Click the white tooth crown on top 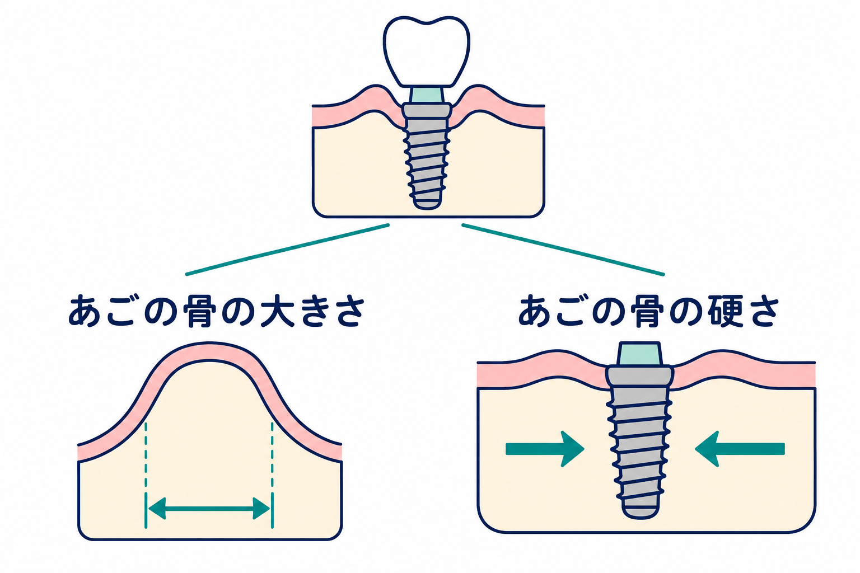click(426, 52)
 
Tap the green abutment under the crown click(427, 95)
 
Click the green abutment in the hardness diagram click(639, 354)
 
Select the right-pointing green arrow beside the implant click(545, 449)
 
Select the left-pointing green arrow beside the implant click(740, 449)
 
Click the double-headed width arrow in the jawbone click(209, 509)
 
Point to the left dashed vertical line click(146, 475)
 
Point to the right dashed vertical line click(272, 475)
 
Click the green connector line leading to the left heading click(288, 250)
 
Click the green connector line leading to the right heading click(563, 250)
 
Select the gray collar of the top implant click(427, 111)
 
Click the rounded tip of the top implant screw click(427, 204)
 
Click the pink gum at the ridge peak click(209, 351)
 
